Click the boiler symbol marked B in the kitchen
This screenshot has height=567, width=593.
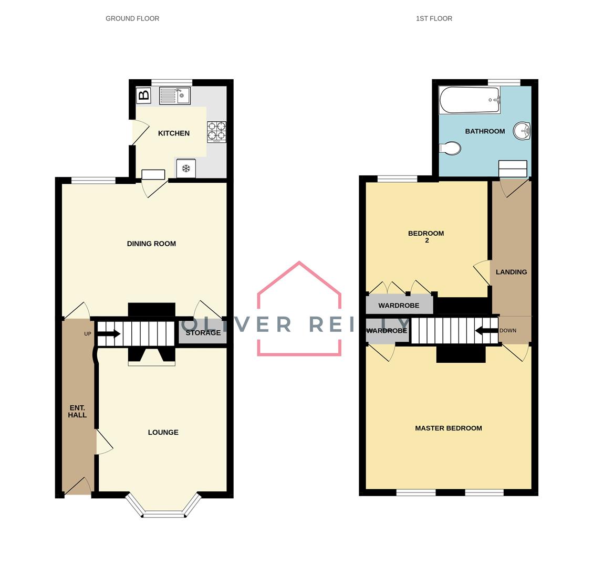(x=143, y=96)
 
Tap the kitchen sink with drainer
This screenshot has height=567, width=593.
(x=174, y=96)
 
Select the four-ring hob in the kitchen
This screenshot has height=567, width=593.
(x=216, y=132)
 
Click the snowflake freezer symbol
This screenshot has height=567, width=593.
(x=186, y=169)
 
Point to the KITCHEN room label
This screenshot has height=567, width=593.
(x=174, y=133)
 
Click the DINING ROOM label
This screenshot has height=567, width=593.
(x=151, y=244)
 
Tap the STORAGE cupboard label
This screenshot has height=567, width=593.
(x=203, y=333)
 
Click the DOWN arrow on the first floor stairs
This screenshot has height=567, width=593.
(x=486, y=331)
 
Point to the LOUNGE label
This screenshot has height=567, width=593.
(x=163, y=433)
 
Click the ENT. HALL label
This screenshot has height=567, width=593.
(x=77, y=412)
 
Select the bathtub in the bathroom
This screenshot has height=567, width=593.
(x=469, y=100)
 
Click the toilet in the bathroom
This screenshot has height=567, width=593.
(x=450, y=149)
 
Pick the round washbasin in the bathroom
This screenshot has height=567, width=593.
(x=522, y=131)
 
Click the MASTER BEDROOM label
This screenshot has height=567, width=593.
(x=448, y=428)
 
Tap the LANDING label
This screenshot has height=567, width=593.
(x=511, y=272)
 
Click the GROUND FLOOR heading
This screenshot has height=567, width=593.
(x=132, y=18)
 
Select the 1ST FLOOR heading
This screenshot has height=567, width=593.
(x=434, y=18)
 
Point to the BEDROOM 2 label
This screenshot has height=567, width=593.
(x=426, y=237)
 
